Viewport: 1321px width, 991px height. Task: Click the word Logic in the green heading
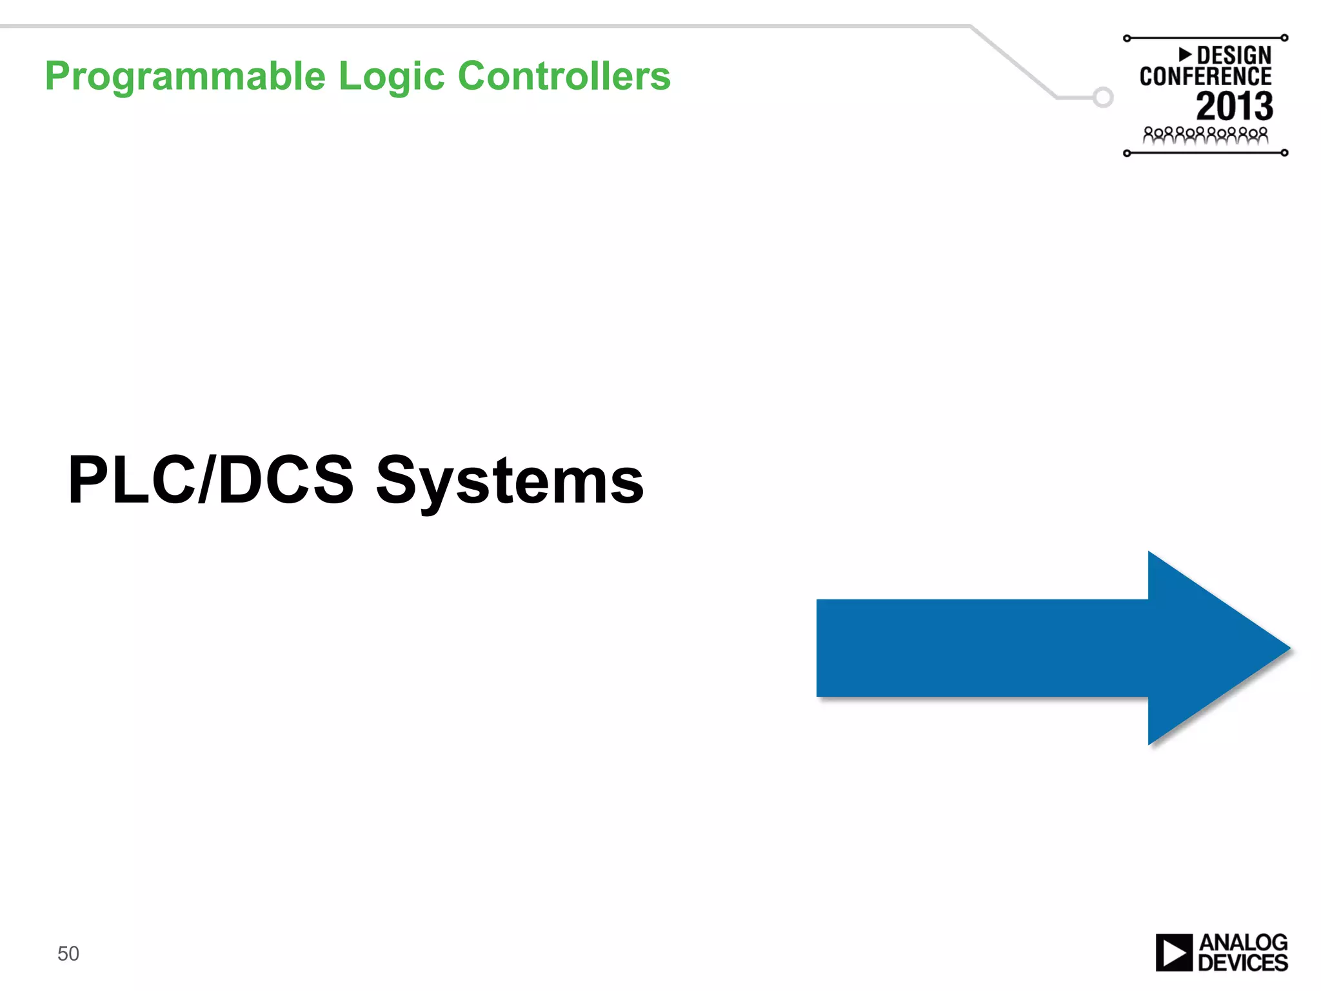392,77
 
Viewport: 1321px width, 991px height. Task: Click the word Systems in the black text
510,481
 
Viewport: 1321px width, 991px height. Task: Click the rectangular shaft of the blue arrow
980,648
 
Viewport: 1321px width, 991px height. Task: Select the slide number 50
68,954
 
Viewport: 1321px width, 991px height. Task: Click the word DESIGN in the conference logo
1233,55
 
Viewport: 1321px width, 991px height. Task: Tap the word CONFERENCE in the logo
1205,77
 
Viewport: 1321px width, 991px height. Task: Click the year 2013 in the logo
1234,106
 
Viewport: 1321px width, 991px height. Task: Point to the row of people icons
1205,135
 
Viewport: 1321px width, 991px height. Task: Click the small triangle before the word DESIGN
1185,54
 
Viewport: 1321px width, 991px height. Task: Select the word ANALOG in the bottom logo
1242,943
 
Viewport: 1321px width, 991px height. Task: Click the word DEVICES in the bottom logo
1242,963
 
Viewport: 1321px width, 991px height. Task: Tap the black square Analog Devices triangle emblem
1173,952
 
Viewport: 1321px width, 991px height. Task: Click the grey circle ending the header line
1103,97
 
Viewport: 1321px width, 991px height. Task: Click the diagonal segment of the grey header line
1013,61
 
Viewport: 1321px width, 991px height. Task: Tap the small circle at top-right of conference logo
1284,38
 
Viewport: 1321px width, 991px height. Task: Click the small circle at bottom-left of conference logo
1127,153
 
